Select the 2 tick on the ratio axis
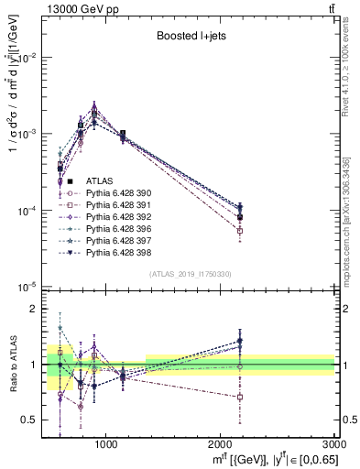click(41, 310)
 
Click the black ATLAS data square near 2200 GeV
click(239, 216)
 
